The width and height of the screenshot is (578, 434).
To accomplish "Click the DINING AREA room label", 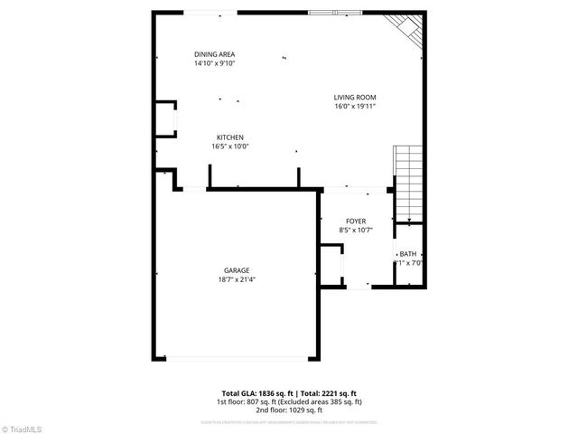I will click(214, 54).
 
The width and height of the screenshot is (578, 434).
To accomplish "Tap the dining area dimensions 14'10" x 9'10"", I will click(214, 63).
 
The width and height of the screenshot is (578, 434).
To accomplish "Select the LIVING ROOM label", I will click(354, 98).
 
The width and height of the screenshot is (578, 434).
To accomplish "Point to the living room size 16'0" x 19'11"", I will click(354, 107).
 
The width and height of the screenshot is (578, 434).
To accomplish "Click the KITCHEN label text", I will click(229, 137).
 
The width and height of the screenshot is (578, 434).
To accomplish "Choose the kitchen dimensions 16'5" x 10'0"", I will click(229, 146).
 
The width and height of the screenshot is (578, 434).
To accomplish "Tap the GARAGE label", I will click(238, 270).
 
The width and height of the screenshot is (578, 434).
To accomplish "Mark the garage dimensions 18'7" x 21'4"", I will click(238, 279).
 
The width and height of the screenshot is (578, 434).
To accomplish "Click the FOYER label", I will click(355, 222).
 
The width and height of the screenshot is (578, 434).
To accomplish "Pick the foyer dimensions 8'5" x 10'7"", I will click(355, 231).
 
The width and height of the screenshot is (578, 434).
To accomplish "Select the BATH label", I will click(408, 254).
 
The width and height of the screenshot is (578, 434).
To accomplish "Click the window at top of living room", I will click(335, 13).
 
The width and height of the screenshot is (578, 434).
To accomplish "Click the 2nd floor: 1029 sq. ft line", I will click(289, 409).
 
